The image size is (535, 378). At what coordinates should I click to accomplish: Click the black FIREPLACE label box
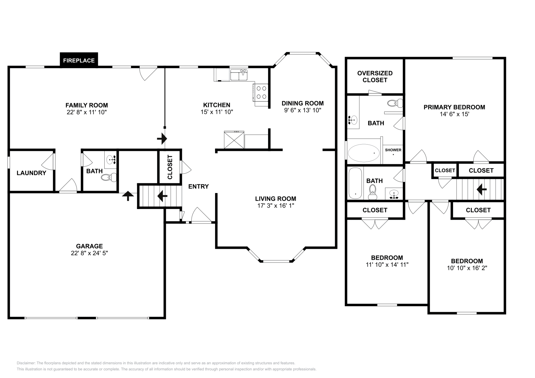click(x=79, y=60)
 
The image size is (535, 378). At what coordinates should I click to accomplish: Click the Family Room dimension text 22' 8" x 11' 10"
click(x=87, y=113)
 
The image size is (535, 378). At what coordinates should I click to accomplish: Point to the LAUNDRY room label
click(x=31, y=173)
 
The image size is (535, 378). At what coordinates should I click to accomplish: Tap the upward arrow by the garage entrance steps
click(x=127, y=196)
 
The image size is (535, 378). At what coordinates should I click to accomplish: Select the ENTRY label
click(x=198, y=186)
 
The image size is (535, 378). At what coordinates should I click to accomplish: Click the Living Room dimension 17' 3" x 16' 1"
click(x=276, y=206)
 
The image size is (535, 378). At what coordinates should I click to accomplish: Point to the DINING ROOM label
click(x=302, y=103)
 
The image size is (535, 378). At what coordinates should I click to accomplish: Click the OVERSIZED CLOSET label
click(x=375, y=76)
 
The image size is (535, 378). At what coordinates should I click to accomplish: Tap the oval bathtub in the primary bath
click(x=364, y=153)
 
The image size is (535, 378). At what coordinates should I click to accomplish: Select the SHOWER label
click(x=393, y=150)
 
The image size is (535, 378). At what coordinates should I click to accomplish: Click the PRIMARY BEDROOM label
click(x=454, y=107)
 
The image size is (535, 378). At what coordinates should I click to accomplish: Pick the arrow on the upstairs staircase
click(x=481, y=190)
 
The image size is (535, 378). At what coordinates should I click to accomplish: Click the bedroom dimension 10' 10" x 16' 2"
click(x=467, y=268)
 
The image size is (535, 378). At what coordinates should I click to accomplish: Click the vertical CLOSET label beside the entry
click(x=170, y=167)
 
